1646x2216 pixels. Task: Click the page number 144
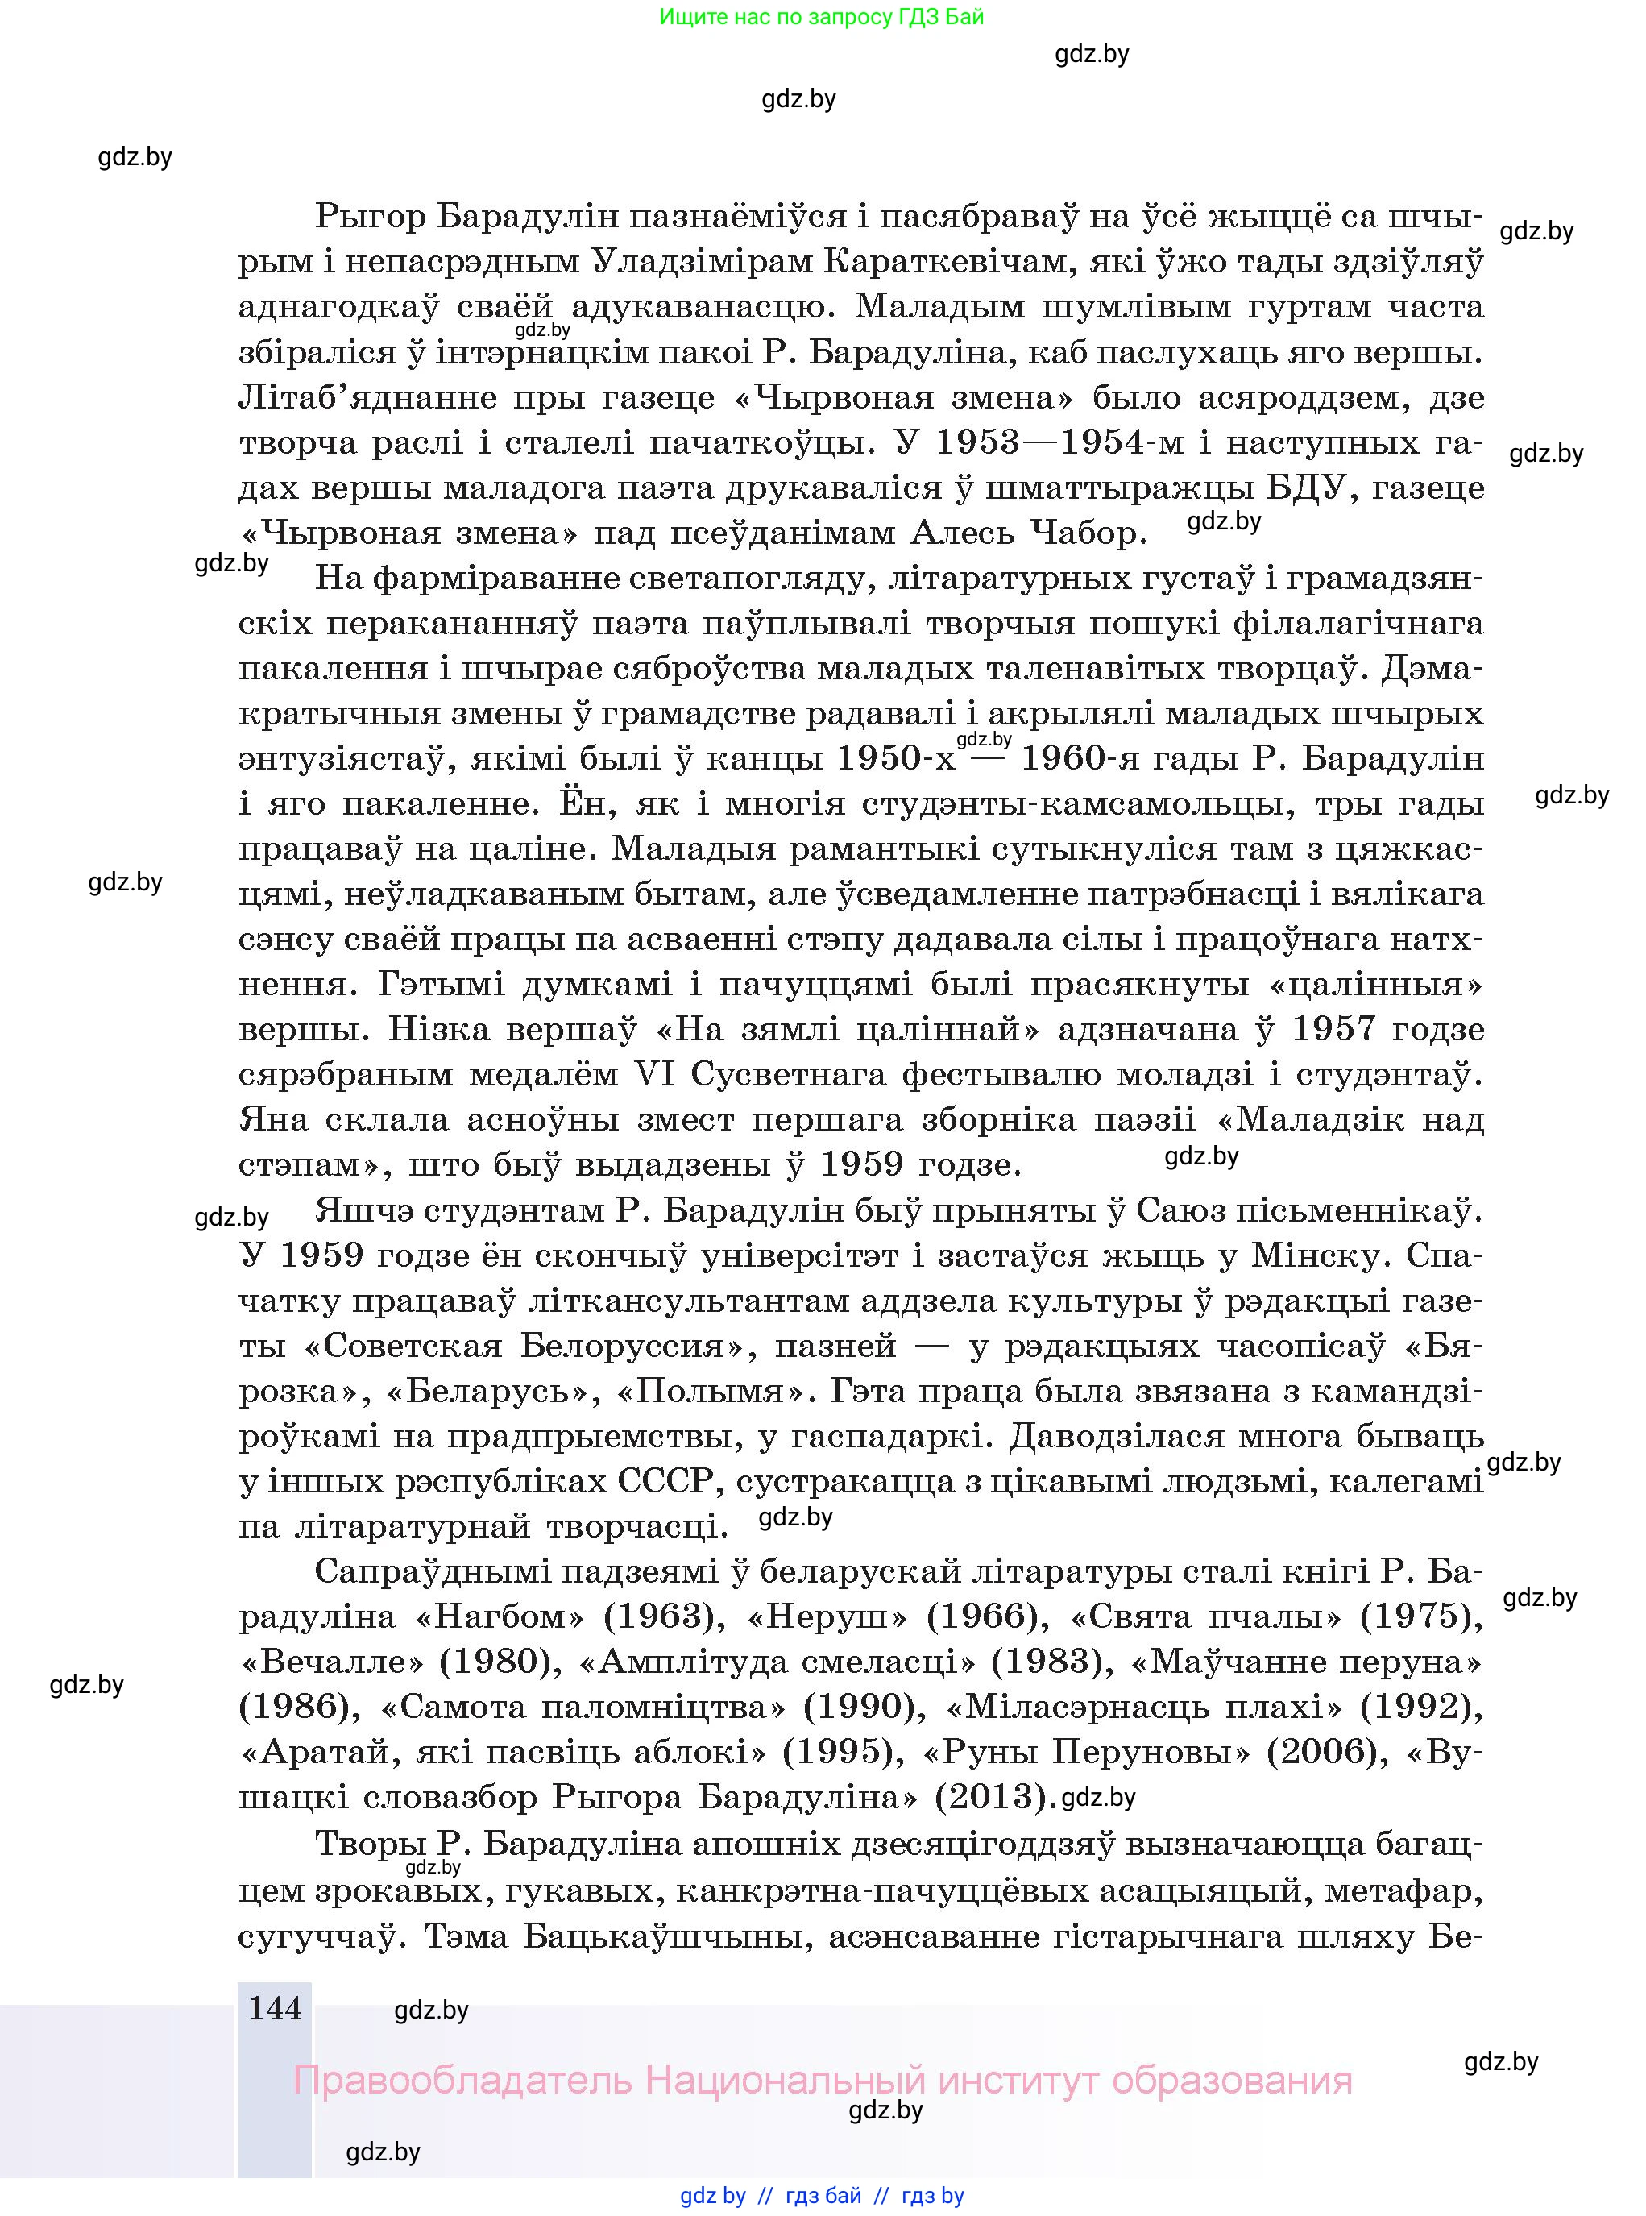274,2006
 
